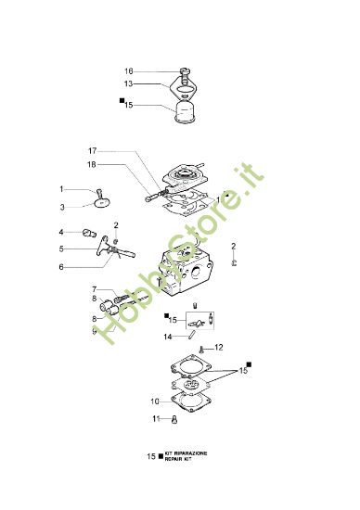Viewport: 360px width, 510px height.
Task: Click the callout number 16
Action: click(x=129, y=70)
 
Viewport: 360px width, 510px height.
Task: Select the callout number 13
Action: click(x=129, y=83)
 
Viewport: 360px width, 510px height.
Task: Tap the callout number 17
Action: click(x=93, y=151)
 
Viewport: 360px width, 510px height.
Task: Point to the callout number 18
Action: click(x=93, y=164)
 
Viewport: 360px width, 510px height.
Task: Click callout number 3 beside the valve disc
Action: click(x=63, y=207)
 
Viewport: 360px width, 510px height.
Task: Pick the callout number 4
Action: click(x=61, y=232)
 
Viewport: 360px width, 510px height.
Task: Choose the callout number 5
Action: click(x=61, y=249)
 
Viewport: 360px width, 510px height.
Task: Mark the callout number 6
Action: click(x=61, y=266)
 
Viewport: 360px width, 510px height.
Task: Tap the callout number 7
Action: click(x=94, y=290)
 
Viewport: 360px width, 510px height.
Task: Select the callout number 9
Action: click(x=94, y=330)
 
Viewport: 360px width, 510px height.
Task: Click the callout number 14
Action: click(x=168, y=337)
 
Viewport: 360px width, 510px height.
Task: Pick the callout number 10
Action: click(x=155, y=402)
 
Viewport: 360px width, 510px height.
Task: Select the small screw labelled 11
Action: click(x=174, y=420)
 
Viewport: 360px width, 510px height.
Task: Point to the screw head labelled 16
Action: click(x=186, y=71)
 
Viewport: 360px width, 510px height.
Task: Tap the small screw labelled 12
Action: click(x=202, y=349)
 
